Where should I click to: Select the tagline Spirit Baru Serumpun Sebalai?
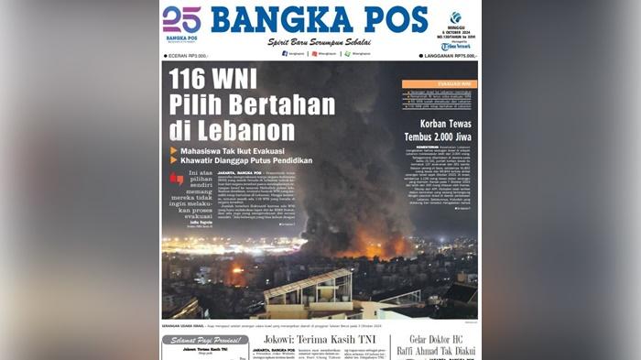tap(320, 42)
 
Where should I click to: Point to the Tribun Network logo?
tap(455, 46)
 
